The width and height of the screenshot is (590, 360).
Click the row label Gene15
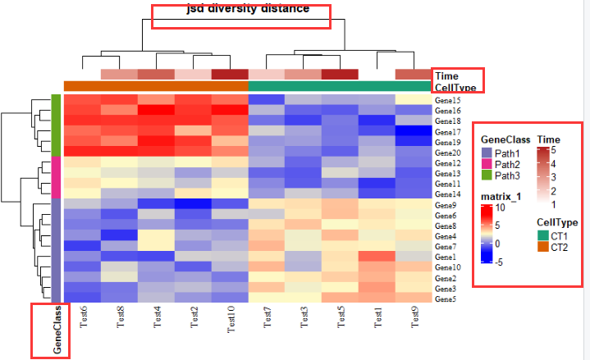point(448,100)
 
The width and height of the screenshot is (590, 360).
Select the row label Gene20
point(448,153)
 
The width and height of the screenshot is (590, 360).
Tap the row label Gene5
point(447,299)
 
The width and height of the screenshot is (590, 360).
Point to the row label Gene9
point(447,204)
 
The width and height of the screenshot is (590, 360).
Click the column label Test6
point(84,317)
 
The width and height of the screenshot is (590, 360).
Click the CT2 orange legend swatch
point(542,247)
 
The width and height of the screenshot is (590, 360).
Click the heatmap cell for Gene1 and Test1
point(377,257)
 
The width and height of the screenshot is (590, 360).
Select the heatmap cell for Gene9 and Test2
point(194,204)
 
